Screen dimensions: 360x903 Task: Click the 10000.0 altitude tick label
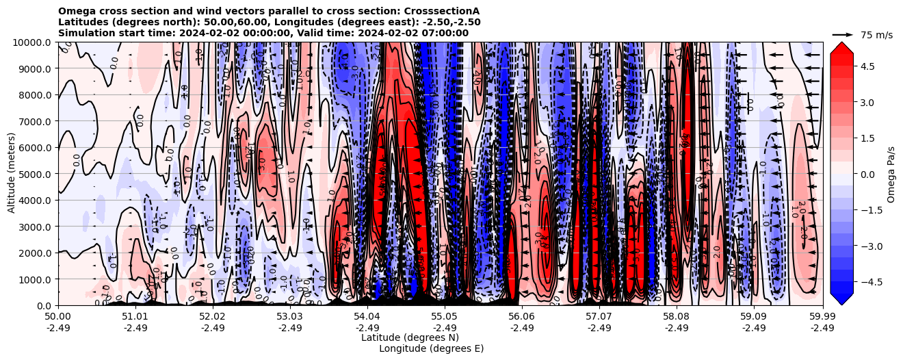tap(33, 42)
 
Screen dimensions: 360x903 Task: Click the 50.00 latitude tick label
tap(58, 317)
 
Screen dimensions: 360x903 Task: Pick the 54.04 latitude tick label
tap(367, 317)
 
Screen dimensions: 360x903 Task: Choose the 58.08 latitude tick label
tap(677, 317)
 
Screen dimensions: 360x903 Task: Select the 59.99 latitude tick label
tap(822, 317)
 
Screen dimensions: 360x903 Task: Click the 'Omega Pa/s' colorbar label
tap(891, 174)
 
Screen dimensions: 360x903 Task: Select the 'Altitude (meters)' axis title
tap(12, 174)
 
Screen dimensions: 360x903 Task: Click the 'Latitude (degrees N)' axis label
tap(410, 337)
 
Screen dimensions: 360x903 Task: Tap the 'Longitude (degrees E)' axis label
tap(432, 348)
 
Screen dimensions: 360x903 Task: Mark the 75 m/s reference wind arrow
tap(843, 34)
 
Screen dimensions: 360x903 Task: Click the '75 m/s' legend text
tap(876, 34)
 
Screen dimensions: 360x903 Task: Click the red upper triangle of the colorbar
tap(841, 47)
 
